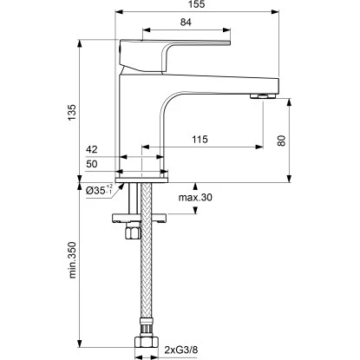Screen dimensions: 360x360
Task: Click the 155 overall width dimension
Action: (196, 4)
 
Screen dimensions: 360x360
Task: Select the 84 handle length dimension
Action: (186, 22)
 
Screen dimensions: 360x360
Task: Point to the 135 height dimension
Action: (72, 113)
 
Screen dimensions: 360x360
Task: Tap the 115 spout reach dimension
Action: (200, 140)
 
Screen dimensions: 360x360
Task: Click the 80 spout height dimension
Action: (282, 141)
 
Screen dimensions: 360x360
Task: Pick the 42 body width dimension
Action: (92, 149)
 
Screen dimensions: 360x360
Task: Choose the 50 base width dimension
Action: (92, 164)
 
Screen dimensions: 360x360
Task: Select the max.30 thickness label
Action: (195, 198)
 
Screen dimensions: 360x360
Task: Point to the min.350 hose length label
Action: (72, 260)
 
